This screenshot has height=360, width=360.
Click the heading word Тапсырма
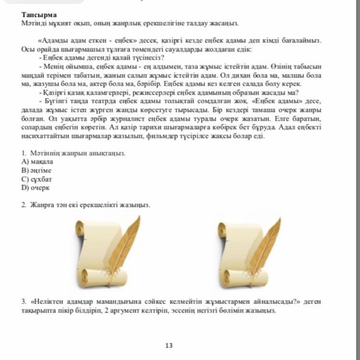[39, 15]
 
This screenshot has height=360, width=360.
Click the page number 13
[168, 345]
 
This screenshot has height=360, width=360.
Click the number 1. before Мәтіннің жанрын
[24, 153]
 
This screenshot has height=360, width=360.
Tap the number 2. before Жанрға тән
[24, 205]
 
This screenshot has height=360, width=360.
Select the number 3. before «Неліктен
[24, 301]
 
